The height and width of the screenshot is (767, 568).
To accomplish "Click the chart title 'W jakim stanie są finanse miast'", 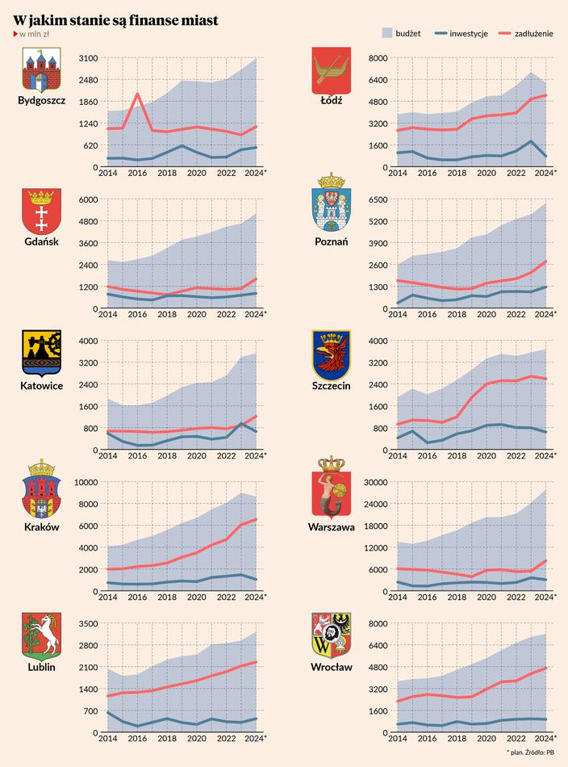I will (115, 19).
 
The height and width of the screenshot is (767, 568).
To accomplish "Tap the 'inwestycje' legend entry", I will (461, 33).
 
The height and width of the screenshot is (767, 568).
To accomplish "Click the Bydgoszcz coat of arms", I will (41, 70).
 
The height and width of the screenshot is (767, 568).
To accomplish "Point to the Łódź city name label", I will (331, 101).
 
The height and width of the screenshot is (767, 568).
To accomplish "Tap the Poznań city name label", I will (331, 242).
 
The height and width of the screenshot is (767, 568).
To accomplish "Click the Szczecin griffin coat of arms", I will (331, 354).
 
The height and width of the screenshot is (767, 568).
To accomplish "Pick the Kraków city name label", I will (41, 526).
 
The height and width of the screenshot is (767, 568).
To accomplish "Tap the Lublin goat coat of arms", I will (41, 636).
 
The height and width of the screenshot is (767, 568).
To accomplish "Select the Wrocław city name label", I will (331, 668).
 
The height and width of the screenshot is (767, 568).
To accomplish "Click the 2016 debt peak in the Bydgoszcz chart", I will (137, 94).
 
